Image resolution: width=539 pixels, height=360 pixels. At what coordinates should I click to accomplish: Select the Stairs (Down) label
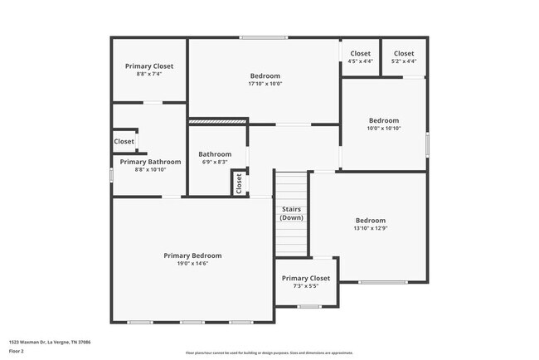(x=291, y=213)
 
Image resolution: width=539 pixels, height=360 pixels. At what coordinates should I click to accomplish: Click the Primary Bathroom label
(x=143, y=162)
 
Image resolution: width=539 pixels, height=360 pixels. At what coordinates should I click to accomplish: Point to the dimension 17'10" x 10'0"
(x=265, y=84)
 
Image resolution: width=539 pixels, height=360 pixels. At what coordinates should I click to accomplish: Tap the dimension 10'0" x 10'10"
(x=384, y=129)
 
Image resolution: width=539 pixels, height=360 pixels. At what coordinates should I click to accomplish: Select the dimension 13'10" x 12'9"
(x=371, y=229)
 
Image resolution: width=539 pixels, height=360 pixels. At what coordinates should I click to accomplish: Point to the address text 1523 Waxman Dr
(x=50, y=341)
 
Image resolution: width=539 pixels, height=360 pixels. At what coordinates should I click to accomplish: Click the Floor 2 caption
(x=17, y=352)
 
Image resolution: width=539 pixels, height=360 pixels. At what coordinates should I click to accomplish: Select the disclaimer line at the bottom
(x=269, y=352)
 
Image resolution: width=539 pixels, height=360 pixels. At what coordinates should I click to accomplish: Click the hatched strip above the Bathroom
(x=218, y=122)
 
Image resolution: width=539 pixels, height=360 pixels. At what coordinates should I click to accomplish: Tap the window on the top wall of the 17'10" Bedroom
(x=265, y=37)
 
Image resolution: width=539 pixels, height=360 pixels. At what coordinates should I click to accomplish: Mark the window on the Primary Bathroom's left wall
(x=112, y=175)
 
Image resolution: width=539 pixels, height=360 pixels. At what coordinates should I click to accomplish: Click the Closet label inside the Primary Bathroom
(x=124, y=142)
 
